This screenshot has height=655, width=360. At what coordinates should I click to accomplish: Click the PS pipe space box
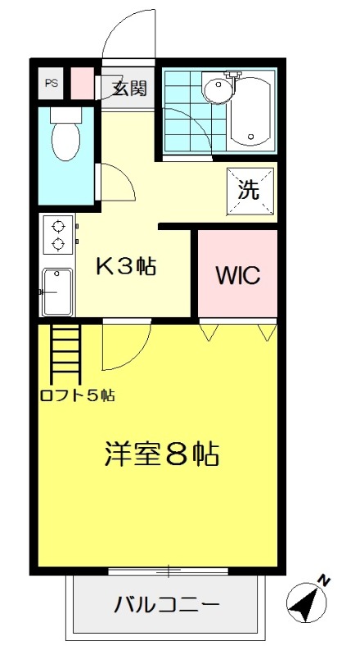coord(51,84)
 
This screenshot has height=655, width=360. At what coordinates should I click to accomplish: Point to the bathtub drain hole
coord(250,137)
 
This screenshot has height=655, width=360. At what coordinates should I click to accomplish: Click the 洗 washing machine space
coord(250,191)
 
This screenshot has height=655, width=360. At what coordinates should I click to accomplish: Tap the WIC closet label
coord(237,275)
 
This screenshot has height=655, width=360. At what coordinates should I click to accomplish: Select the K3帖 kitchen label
coord(126,266)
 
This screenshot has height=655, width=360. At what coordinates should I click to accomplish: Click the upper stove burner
coord(58,227)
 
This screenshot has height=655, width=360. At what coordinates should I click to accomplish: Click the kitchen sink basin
coord(57,291)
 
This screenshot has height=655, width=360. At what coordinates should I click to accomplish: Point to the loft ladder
coord(65,354)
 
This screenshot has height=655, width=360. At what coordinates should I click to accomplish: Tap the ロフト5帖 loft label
coord(78,395)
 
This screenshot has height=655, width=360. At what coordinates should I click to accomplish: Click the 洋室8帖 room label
coord(162,454)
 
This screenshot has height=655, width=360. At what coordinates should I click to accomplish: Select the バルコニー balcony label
coord(167,604)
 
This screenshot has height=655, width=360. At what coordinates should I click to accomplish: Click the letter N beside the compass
coord(324,580)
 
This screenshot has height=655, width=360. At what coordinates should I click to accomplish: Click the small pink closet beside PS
coord(83,84)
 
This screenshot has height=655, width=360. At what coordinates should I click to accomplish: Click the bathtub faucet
coord(233,75)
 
